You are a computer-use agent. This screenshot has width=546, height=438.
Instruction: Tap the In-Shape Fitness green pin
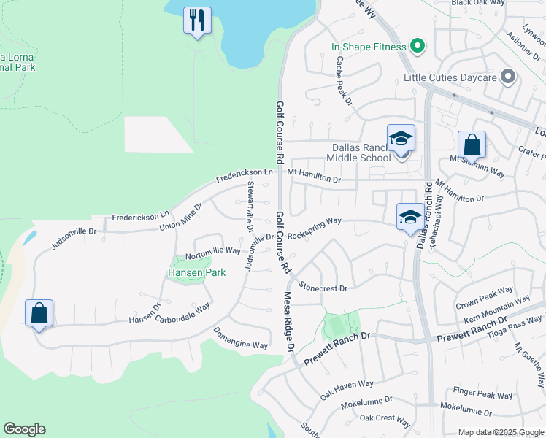(x=418, y=47)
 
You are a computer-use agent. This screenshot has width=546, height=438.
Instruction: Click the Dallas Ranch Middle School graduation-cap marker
(x=401, y=139)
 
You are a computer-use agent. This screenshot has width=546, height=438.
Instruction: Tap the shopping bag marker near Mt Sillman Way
(x=472, y=145)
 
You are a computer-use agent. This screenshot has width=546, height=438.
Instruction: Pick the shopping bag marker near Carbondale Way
(x=39, y=314)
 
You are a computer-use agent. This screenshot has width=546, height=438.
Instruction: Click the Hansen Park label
(x=196, y=272)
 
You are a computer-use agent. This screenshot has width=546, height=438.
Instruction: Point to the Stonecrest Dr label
(x=322, y=288)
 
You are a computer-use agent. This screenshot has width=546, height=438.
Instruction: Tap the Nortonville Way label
(x=212, y=251)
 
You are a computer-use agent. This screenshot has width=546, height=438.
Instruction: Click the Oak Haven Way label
(x=347, y=389)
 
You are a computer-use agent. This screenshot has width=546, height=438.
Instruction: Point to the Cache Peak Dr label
(x=344, y=81)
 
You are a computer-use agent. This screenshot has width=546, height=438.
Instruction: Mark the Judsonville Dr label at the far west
(x=74, y=238)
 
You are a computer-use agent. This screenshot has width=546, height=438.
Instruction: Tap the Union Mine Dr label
(x=180, y=218)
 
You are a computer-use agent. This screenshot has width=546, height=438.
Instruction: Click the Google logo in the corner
(x=25, y=429)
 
